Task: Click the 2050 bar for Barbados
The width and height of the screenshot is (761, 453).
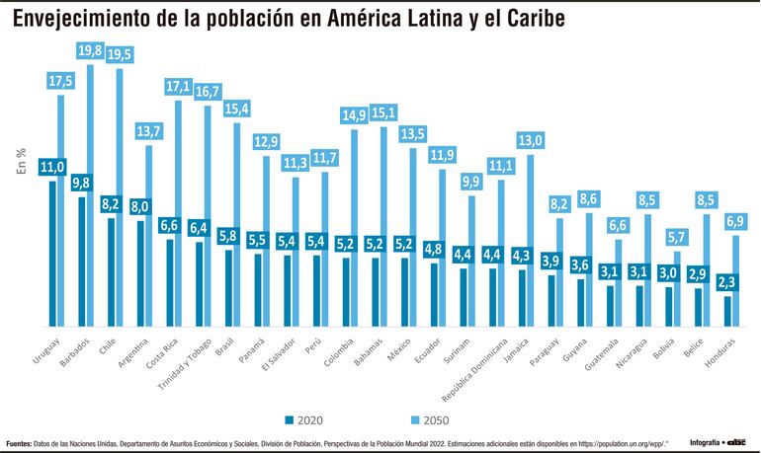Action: pos(90,197)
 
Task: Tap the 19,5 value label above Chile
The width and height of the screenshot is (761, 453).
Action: pos(121,55)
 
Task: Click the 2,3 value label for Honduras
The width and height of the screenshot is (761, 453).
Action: pos(729,283)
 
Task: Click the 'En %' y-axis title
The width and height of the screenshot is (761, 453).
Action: pos(20,161)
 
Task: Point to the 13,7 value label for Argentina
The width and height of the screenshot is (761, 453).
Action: pos(150,131)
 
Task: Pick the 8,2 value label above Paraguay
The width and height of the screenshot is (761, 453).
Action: pos(559,204)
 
